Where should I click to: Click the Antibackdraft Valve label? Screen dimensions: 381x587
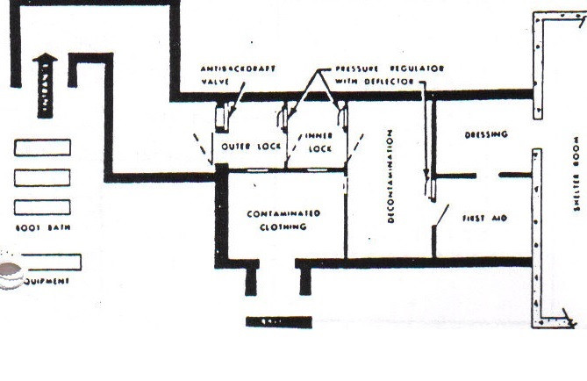pos(226,75)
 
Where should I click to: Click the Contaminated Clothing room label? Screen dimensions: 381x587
pos(283,219)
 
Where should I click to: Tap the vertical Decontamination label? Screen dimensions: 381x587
pos(390,176)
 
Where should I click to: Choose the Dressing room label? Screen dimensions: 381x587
pos(485,134)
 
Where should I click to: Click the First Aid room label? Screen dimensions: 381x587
pos(487,217)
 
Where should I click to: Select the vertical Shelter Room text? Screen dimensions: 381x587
pos(576,174)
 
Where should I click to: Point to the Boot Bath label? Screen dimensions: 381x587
pos(42,228)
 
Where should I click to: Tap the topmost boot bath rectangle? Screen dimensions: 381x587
pos(42,147)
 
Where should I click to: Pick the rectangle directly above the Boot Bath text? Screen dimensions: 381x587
pos(42,208)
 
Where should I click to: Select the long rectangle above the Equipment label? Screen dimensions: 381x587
pos(51,262)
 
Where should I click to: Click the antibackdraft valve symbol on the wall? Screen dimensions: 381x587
pos(223,117)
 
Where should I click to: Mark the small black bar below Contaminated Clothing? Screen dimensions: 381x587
pos(278,322)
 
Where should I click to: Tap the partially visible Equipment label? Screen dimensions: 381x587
pos(44,281)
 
